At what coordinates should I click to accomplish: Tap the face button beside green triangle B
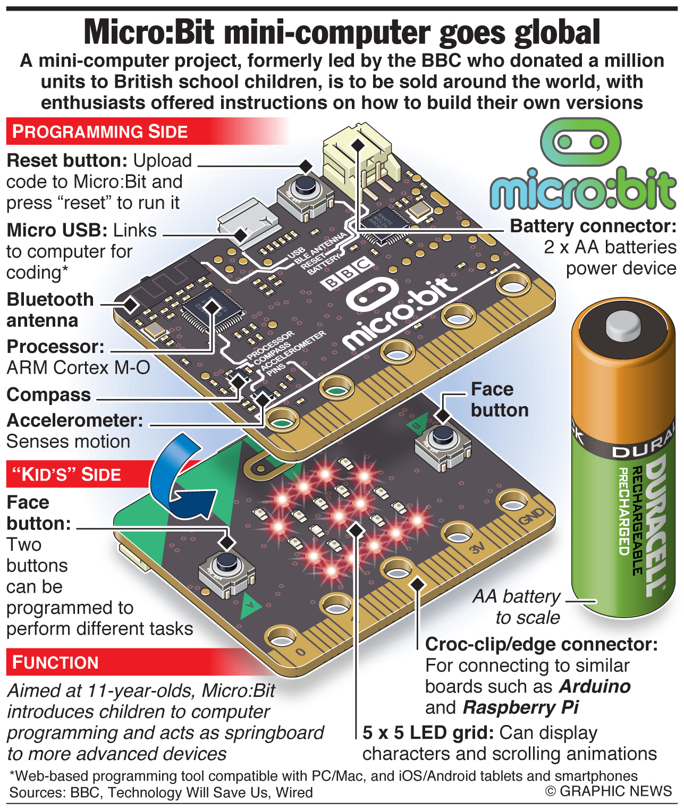[x=443, y=446]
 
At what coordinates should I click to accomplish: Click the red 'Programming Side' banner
[x=147, y=131]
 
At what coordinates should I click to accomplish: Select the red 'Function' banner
[x=132, y=662]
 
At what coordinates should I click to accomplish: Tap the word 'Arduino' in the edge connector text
[x=594, y=686]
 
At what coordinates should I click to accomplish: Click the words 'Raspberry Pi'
[x=521, y=708]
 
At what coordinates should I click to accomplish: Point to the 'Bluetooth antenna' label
[x=50, y=310]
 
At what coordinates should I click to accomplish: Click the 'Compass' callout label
[x=49, y=395]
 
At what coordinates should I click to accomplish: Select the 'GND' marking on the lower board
[x=531, y=516]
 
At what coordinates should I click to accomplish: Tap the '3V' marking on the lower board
[x=477, y=548]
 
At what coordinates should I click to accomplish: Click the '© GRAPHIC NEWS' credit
[x=609, y=791]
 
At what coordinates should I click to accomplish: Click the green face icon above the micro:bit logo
[x=580, y=141]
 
